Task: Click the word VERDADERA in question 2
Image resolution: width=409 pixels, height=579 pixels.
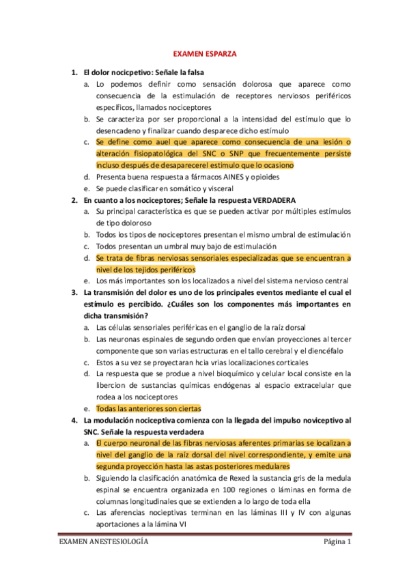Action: pyautogui.click(x=272, y=200)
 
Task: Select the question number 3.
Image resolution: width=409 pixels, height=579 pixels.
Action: pyautogui.click(x=74, y=292)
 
